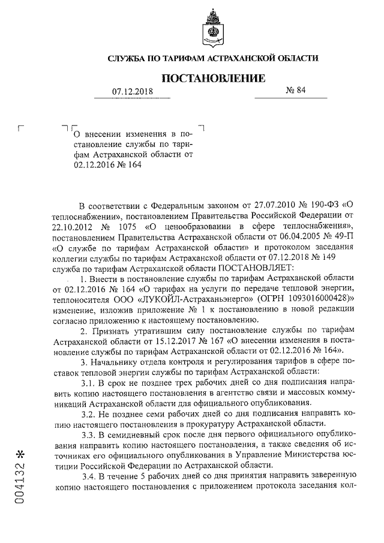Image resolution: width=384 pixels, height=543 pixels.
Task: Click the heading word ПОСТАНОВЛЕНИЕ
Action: point(213,78)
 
